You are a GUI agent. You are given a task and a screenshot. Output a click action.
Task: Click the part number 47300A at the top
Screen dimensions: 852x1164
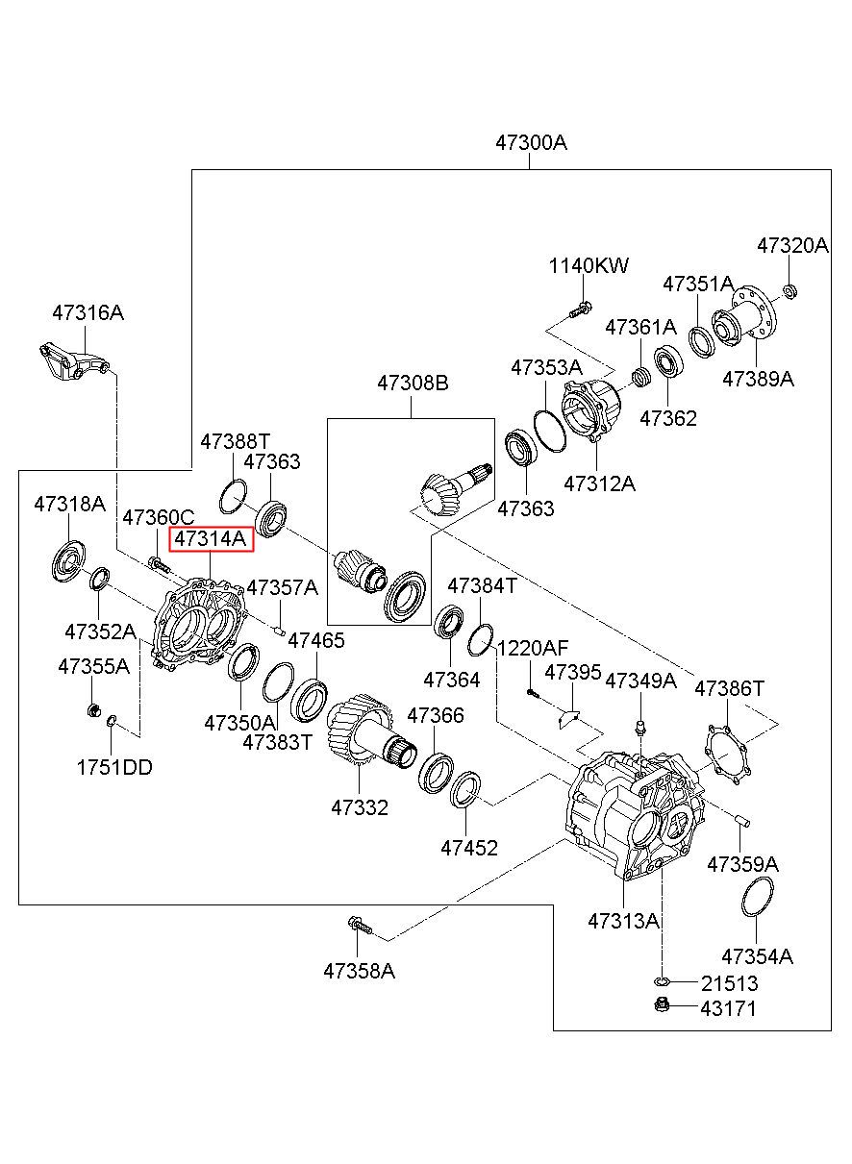coord(531,142)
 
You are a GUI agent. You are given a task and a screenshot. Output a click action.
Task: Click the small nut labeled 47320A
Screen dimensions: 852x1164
coord(789,291)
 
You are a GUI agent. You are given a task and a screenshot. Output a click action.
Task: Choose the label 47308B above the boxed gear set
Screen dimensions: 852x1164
coord(413,383)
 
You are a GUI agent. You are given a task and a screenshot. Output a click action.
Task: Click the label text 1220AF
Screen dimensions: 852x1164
coord(534,648)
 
